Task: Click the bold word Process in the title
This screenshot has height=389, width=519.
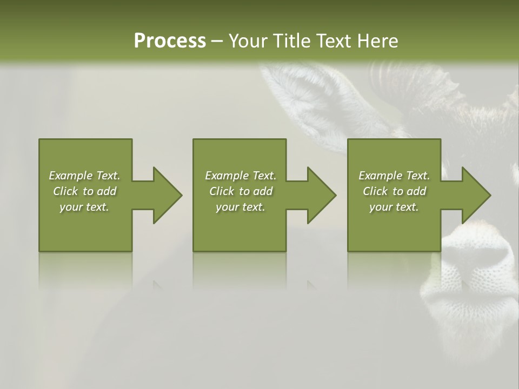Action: (x=170, y=41)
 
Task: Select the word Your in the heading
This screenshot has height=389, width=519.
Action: (x=248, y=41)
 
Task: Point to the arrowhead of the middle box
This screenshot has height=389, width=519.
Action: (x=321, y=195)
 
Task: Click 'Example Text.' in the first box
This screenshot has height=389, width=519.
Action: (x=84, y=176)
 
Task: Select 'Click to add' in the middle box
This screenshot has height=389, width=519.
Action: (x=241, y=191)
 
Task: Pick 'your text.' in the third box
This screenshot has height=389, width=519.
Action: (x=394, y=207)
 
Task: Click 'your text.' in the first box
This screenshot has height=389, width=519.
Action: (x=84, y=207)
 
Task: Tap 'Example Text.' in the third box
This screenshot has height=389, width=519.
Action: (x=394, y=176)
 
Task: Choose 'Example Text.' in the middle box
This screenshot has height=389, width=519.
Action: (x=241, y=176)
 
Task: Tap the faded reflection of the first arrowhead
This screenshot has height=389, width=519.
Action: (x=158, y=285)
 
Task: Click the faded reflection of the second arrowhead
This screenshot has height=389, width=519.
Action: (x=312, y=285)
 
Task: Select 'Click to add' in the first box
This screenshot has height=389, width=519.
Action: (x=84, y=191)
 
